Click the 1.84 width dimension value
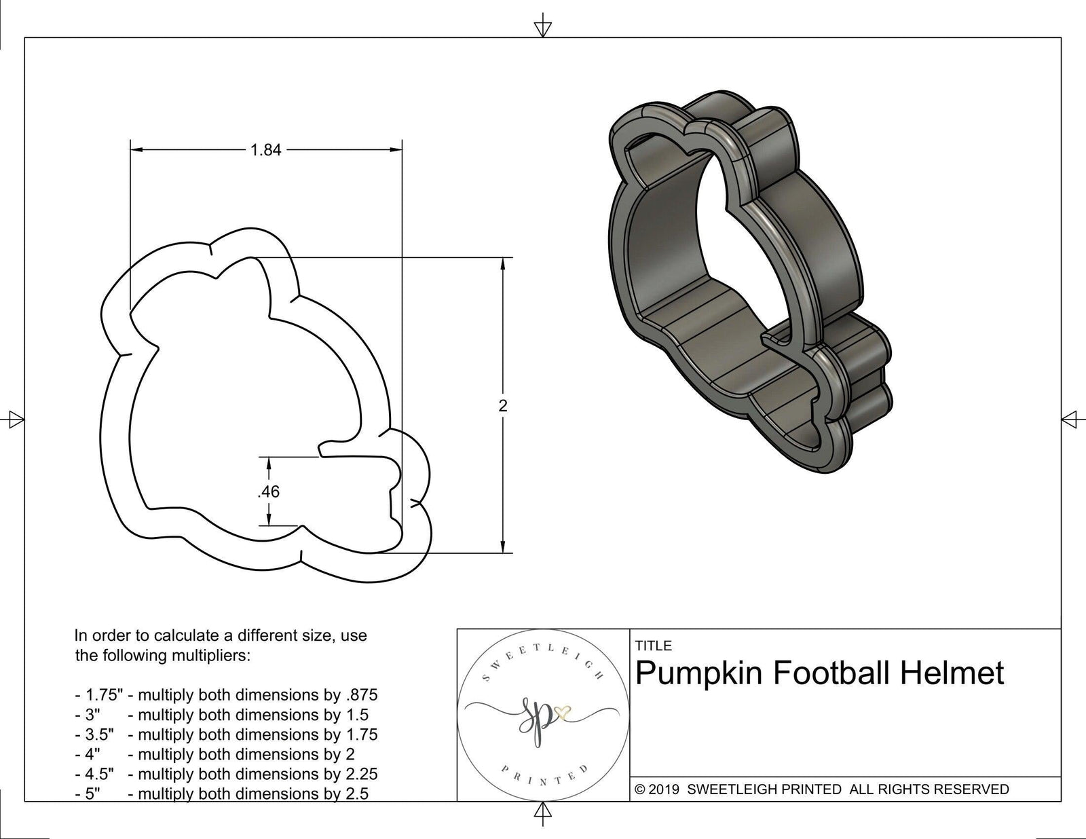265,150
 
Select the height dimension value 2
502,406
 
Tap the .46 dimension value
269,491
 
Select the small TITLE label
653,646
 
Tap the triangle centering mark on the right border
1070,419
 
